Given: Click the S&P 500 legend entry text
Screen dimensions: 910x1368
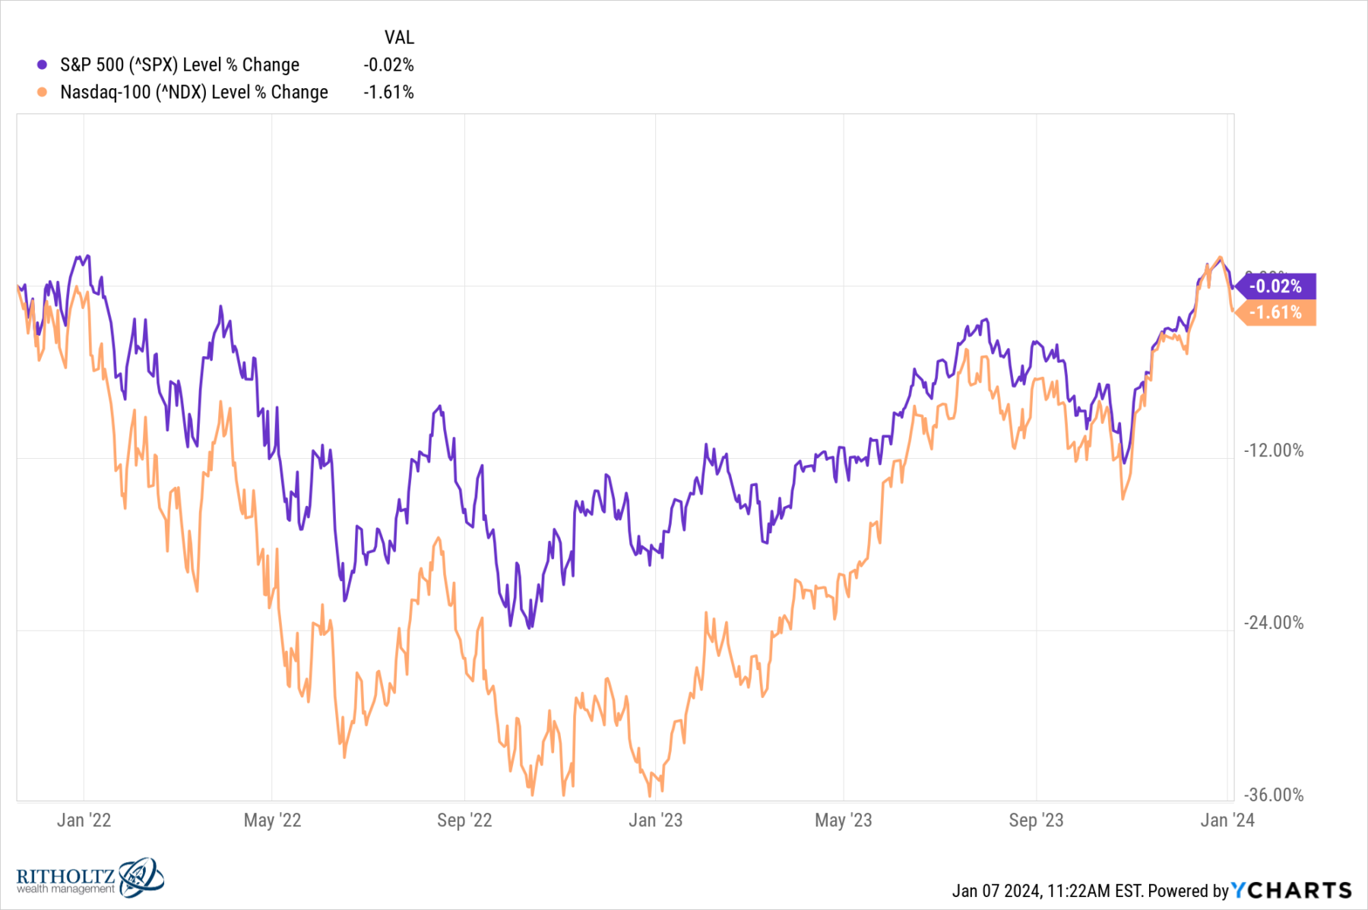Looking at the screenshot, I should (x=179, y=65).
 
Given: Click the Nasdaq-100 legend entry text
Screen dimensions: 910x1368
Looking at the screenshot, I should (x=194, y=93).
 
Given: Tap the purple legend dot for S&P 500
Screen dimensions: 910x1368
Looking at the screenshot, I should (x=43, y=65).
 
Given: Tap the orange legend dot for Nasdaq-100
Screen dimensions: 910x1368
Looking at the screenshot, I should (x=43, y=93).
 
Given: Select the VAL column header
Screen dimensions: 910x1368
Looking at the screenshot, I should (x=399, y=37).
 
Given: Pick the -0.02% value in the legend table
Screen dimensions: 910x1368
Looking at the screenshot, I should (x=388, y=65).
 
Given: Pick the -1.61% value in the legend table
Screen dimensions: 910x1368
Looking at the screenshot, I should (x=388, y=93).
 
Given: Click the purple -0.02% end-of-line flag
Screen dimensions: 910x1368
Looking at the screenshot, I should (x=1276, y=286).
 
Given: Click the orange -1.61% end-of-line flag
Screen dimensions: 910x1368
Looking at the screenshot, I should (x=1276, y=312).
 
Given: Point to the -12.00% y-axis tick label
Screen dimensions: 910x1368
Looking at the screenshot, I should (x=1273, y=450).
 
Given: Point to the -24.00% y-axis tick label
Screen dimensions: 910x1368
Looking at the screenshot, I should (x=1273, y=623).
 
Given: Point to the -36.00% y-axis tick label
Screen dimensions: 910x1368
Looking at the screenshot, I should (x=1273, y=795).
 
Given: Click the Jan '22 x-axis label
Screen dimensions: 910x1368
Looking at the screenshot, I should (x=84, y=820).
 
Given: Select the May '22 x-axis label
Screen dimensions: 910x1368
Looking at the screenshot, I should (x=272, y=820).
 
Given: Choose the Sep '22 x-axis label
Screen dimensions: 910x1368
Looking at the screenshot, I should (x=464, y=820).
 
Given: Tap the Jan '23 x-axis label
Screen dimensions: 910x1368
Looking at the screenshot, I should (x=655, y=820).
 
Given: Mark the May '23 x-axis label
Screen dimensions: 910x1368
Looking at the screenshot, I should (x=843, y=820).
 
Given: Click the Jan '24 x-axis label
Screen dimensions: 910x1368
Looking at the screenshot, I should (x=1227, y=820).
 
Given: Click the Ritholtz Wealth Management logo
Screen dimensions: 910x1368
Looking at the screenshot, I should (x=90, y=878).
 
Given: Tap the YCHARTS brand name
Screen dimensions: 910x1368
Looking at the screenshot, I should (x=1291, y=890).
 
